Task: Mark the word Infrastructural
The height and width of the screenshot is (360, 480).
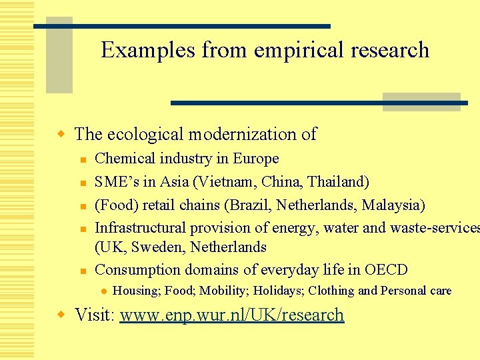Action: [x=141, y=227]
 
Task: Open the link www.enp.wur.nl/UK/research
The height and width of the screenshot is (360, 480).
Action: [x=231, y=315]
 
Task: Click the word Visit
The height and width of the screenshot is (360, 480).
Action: [x=93, y=315]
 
